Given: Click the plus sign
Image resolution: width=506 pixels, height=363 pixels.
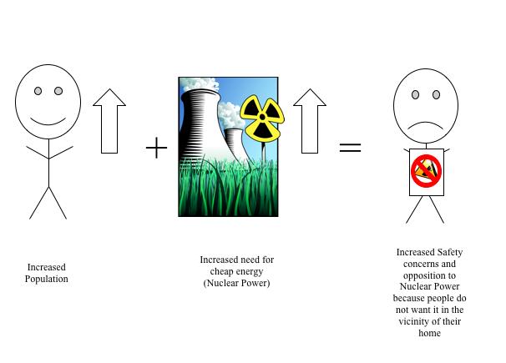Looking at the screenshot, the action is [x=156, y=148].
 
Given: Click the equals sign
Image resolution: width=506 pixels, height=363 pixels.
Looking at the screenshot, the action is [x=350, y=148].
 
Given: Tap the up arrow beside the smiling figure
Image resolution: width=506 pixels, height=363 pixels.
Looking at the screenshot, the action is [x=109, y=121].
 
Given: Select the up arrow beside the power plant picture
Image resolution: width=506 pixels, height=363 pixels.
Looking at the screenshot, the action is [x=310, y=121].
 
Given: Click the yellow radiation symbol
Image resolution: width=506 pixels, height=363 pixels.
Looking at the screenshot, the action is [x=262, y=118].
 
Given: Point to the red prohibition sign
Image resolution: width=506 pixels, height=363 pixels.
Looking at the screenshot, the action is [x=427, y=170].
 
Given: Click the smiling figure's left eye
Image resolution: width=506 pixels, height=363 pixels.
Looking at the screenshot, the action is [x=38, y=91].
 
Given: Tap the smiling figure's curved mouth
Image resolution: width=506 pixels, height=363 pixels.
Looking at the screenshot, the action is [x=48, y=121].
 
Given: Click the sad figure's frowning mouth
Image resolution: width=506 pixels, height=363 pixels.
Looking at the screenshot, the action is [x=426, y=125].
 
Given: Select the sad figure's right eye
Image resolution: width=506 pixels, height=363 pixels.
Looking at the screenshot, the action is [x=436, y=95].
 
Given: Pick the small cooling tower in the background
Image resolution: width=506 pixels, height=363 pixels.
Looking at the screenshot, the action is [x=236, y=145].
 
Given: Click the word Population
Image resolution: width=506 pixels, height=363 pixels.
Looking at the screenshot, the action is [x=47, y=280].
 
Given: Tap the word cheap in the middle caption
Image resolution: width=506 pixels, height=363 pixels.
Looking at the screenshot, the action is [x=222, y=272].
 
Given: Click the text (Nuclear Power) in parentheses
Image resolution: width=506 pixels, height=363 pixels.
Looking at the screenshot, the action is [x=236, y=283].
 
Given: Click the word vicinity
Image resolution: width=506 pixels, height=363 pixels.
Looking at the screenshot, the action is [x=414, y=322].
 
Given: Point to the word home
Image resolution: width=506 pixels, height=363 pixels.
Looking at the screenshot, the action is [x=429, y=333].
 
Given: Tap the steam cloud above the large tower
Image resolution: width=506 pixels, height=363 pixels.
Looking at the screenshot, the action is [x=200, y=83].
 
